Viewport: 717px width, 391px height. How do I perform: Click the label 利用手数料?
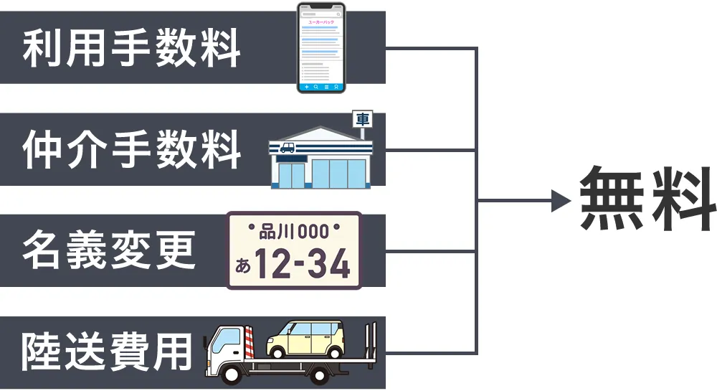(131, 48)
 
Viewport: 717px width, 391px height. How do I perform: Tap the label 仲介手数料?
(131, 150)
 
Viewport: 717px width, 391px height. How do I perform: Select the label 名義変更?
(109, 252)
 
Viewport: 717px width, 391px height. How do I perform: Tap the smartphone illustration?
(321, 47)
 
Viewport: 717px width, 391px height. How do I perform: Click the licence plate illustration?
(294, 250)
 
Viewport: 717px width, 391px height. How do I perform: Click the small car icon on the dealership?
(287, 148)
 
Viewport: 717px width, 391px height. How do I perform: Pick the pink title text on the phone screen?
(320, 22)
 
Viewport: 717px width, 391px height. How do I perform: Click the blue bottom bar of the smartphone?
(321, 86)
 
